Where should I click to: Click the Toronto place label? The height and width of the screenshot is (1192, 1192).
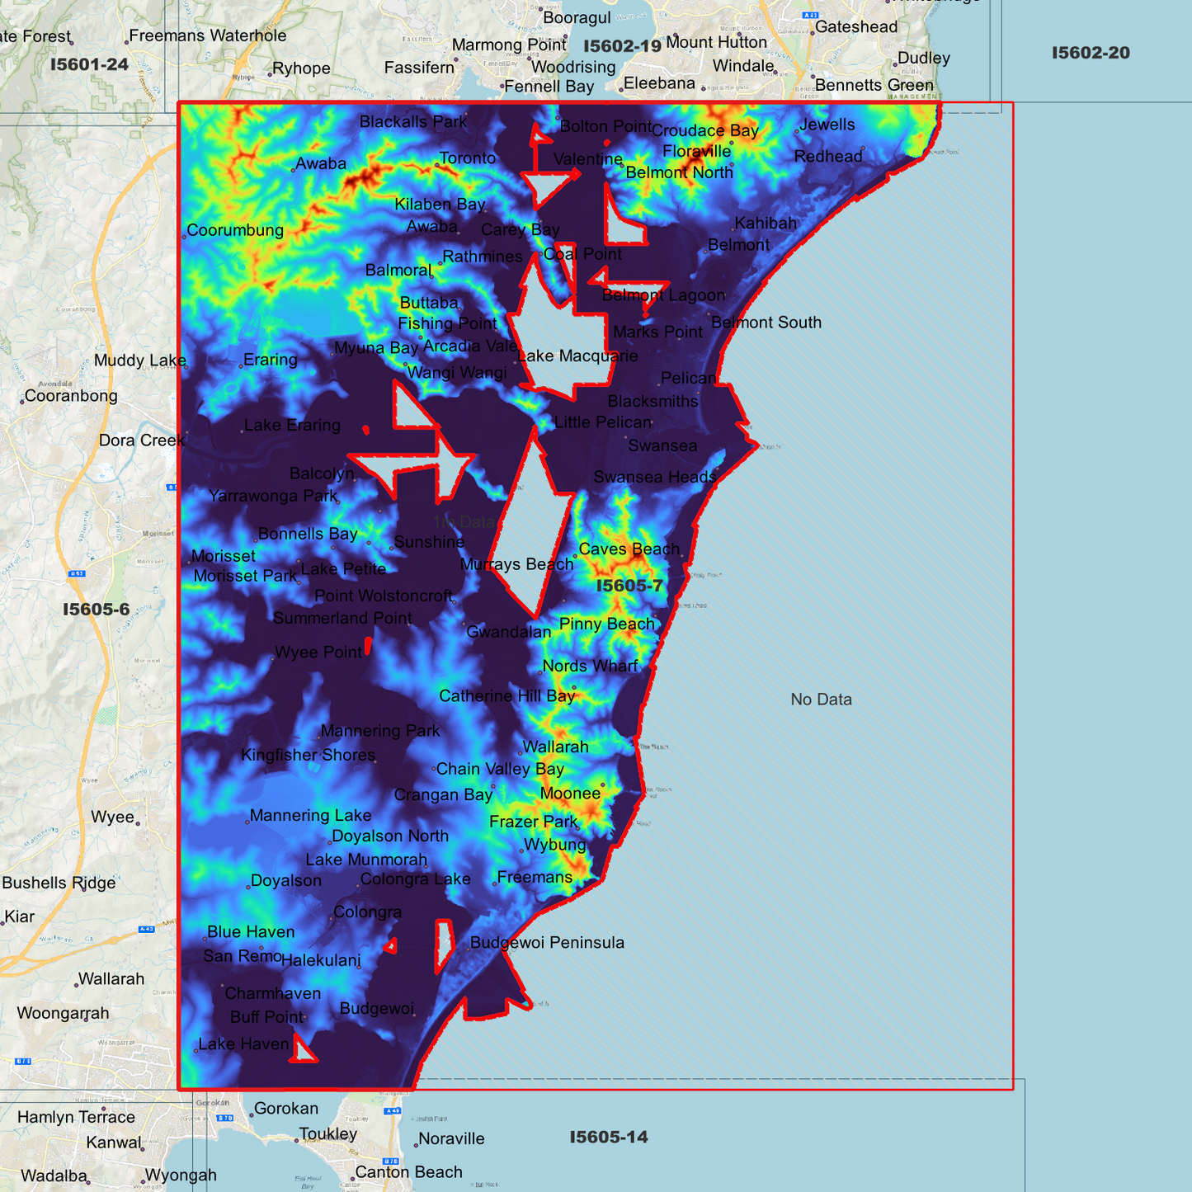tap(467, 158)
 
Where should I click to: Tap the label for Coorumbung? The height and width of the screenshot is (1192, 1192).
tap(235, 230)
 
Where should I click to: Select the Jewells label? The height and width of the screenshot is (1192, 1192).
tap(827, 125)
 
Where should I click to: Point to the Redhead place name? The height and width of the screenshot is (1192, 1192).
tap(827, 156)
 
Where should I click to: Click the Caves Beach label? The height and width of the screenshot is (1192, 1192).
tap(629, 549)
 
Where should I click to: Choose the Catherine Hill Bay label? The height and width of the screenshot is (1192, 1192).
tap(506, 695)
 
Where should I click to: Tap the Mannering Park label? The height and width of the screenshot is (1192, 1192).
tap(380, 730)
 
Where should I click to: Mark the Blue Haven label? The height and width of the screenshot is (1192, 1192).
tap(251, 931)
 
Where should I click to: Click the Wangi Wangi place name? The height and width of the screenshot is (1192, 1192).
tap(457, 372)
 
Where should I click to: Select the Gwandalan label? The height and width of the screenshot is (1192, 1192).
tap(508, 632)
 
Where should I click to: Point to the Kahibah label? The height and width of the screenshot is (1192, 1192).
tap(766, 223)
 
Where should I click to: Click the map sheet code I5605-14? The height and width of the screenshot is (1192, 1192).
tap(609, 1137)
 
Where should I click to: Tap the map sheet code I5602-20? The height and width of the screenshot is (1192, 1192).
tap(1091, 53)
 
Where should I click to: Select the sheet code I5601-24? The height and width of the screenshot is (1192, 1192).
tap(89, 64)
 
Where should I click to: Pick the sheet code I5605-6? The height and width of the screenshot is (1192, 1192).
tap(97, 609)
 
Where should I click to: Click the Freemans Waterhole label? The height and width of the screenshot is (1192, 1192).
tap(208, 35)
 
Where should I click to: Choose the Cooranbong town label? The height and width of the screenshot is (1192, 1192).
tap(71, 395)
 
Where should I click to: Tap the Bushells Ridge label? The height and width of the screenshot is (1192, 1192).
tap(59, 883)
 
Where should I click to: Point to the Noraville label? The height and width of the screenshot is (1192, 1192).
tap(451, 1138)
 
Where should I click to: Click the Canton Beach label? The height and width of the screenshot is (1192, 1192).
tap(408, 1172)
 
